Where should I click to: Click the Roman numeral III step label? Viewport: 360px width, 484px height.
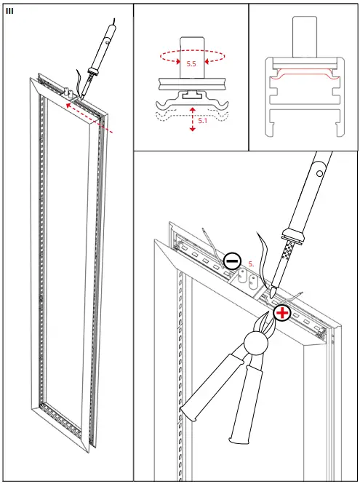(x=9, y=11)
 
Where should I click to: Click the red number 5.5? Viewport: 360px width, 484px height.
(x=191, y=64)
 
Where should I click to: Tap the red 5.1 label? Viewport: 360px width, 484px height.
(x=202, y=121)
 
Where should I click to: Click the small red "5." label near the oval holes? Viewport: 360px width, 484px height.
(x=251, y=263)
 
